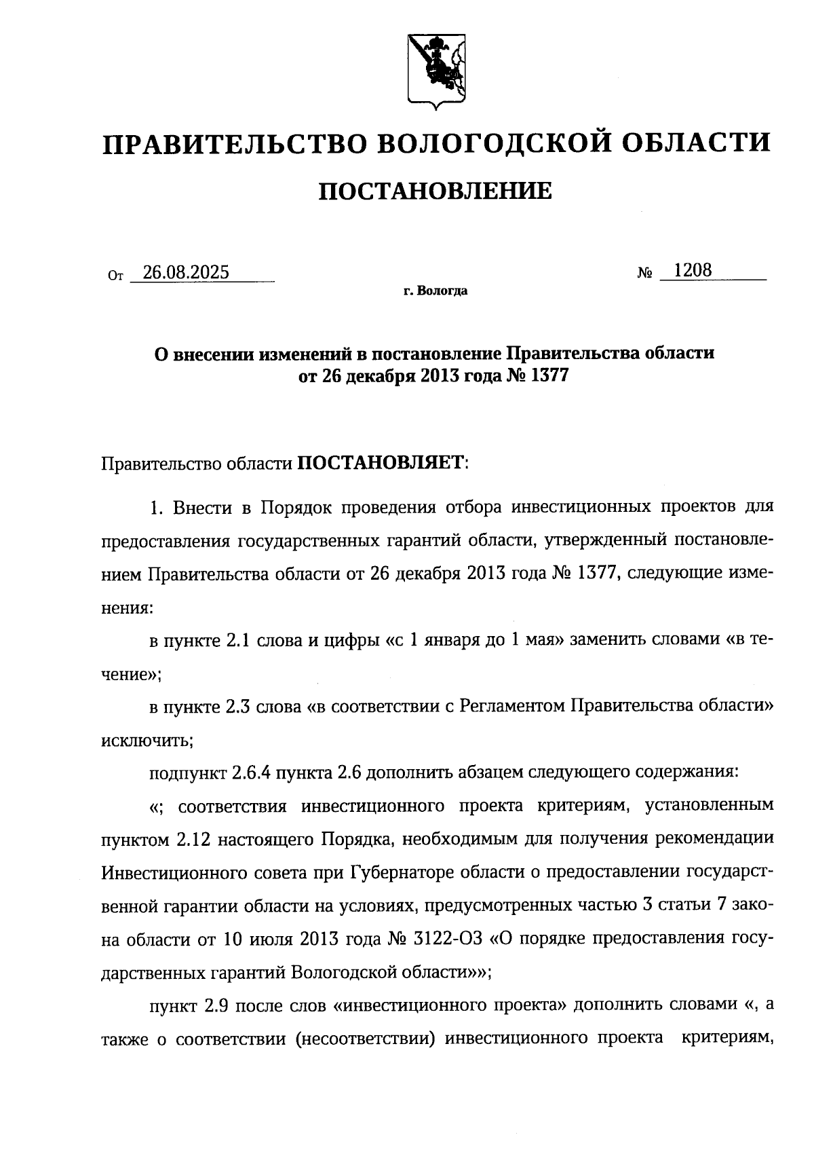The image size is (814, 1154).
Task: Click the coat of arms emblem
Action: coord(435,69)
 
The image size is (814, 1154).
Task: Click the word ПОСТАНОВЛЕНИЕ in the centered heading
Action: coord(435,192)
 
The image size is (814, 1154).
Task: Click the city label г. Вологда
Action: coord(435,291)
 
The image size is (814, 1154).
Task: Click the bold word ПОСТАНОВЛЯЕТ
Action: coord(380,464)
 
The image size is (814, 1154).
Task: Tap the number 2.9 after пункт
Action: coord(216,1005)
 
